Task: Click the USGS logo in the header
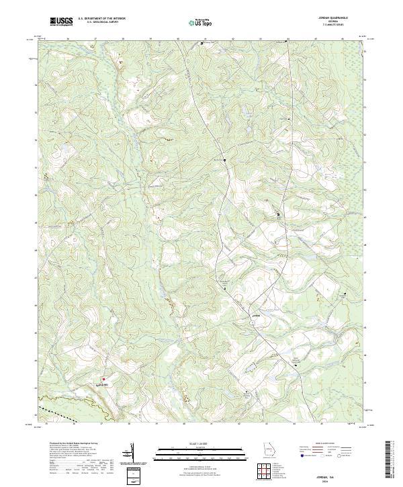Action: coord(61,21)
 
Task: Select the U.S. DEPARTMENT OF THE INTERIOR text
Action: coord(101,18)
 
